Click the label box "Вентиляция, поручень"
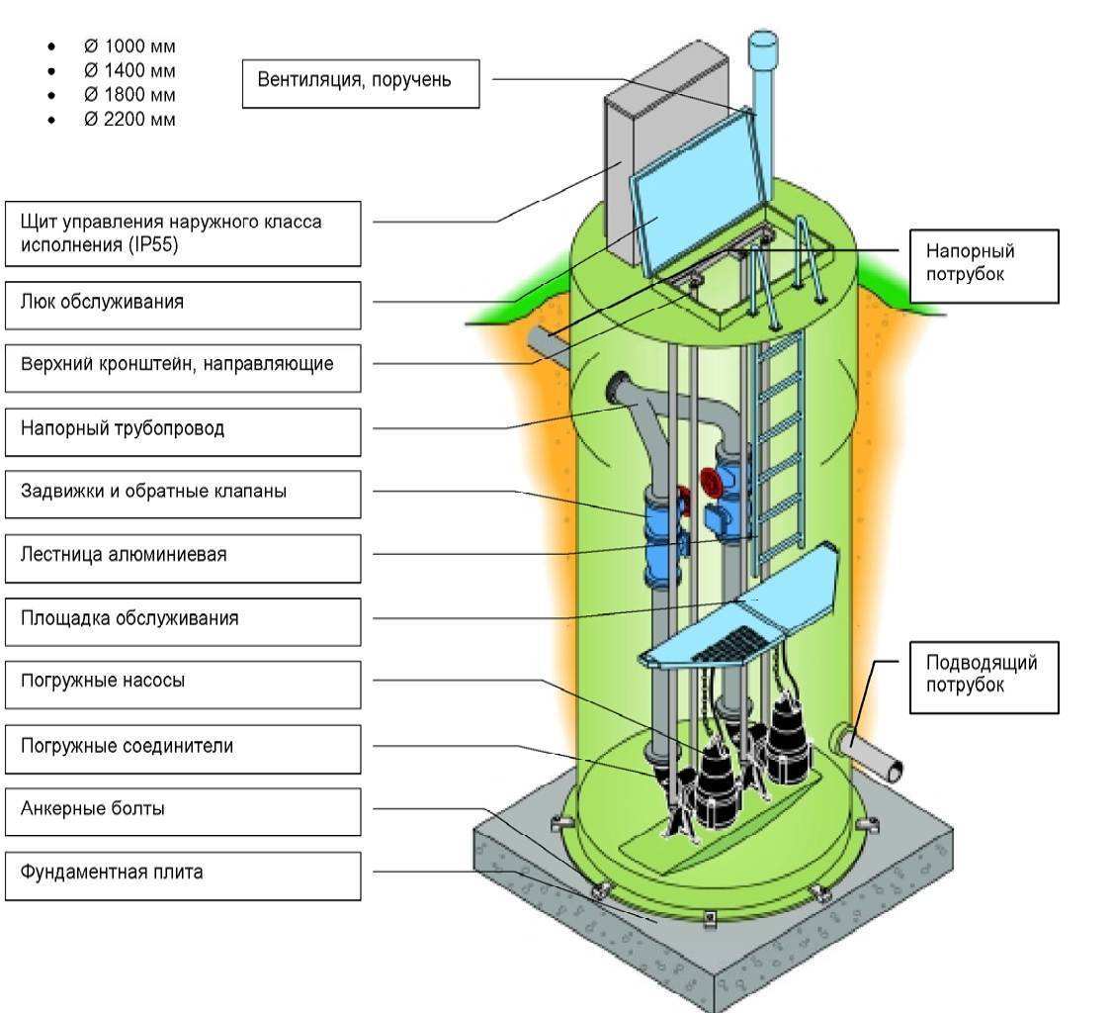[x=361, y=81]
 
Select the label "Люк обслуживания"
[x=183, y=303]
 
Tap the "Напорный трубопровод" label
[x=183, y=429]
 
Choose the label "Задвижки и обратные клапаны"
[x=183, y=492]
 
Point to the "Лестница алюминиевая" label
[x=183, y=555]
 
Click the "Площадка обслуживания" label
[x=183, y=619]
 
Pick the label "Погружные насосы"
[x=183, y=683]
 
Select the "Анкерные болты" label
[x=183, y=809]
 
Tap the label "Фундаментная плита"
[x=183, y=873]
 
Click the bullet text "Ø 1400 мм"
[x=129, y=70]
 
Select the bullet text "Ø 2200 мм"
[x=129, y=120]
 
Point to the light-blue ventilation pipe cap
[x=762, y=44]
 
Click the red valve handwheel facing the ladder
[x=710, y=482]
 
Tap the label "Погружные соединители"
[x=183, y=746]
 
